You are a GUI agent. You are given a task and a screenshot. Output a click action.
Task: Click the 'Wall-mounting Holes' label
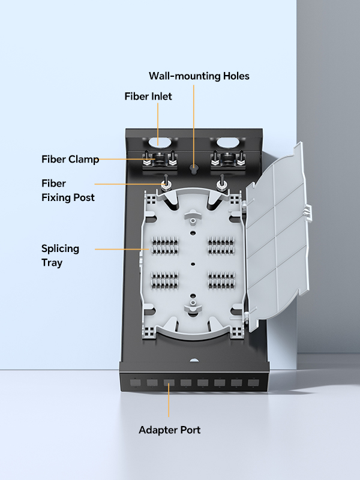[x=199, y=76]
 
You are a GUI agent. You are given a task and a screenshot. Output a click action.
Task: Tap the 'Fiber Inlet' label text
[x=148, y=96]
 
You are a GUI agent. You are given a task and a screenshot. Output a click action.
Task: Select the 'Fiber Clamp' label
[x=70, y=159]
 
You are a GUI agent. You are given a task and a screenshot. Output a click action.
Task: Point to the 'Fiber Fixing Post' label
[x=68, y=190]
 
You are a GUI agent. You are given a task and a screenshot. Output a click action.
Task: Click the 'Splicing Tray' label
[x=60, y=255]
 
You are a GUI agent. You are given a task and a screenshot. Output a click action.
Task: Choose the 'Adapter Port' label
[x=170, y=430]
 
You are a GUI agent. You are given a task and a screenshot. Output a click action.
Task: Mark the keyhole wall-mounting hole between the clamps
[x=193, y=168]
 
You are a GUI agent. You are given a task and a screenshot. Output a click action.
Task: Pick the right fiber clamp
[x=226, y=161]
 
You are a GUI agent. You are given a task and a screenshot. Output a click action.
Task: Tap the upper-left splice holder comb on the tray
[x=165, y=245]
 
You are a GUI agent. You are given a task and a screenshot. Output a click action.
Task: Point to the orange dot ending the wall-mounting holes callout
[x=194, y=88]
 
